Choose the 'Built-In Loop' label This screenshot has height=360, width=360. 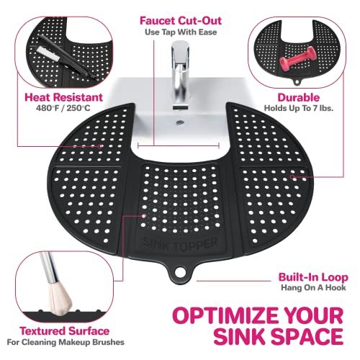pos(314,276)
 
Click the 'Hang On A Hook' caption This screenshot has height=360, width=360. pos(314,289)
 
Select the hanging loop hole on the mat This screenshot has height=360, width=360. pos(179,274)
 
